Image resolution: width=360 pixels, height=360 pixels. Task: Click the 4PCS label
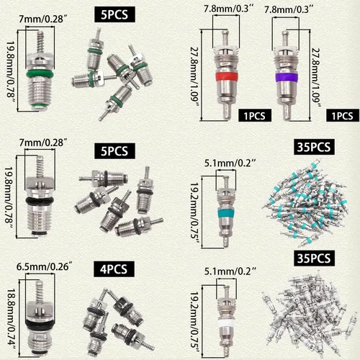[114, 269]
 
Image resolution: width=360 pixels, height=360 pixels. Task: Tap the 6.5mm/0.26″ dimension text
[45, 266]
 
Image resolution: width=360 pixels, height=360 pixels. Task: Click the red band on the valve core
[227, 77]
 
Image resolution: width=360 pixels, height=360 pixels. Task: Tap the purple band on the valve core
[287, 77]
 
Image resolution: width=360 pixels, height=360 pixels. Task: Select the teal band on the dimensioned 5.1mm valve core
[226, 213]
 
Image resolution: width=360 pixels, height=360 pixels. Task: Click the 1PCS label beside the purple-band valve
[343, 115]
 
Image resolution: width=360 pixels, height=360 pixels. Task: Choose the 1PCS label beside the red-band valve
[255, 115]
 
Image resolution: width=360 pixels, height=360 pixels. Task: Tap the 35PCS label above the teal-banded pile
[314, 147]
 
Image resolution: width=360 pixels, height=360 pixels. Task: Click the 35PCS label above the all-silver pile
[314, 258]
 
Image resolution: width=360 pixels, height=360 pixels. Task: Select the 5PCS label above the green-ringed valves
[114, 14]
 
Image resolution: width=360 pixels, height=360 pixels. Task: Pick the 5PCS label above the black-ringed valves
[114, 151]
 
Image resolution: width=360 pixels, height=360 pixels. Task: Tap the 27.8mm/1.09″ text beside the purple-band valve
[316, 78]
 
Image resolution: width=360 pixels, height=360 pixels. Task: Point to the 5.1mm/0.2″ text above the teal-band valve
[230, 163]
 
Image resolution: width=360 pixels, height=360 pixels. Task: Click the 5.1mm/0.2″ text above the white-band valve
[230, 271]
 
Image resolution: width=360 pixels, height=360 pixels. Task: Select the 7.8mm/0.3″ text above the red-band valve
[229, 9]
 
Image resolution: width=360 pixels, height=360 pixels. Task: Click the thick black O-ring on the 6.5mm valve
[40, 324]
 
